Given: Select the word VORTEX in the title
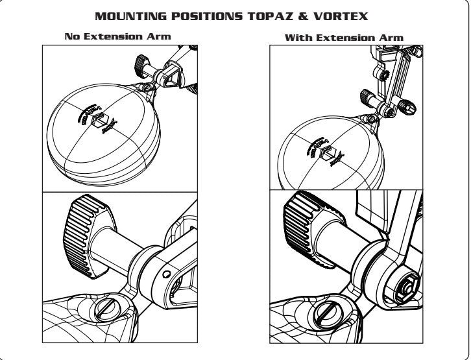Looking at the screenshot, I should coord(345,14).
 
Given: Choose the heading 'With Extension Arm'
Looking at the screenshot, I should coord(344,38).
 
